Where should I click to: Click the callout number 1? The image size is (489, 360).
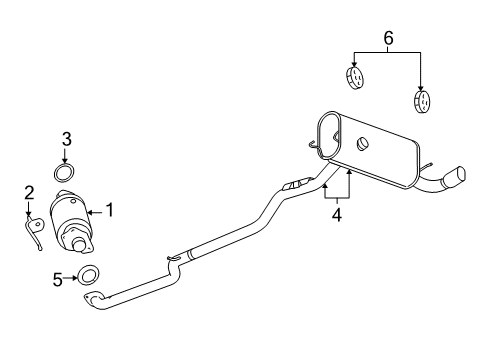click(x=110, y=210)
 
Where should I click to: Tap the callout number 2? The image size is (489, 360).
click(x=29, y=191)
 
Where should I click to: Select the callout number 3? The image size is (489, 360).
click(x=66, y=139)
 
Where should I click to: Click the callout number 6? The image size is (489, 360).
click(x=388, y=39)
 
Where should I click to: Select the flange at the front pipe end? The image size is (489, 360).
click(x=93, y=299)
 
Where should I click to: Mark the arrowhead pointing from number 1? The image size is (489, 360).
click(x=91, y=210)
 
